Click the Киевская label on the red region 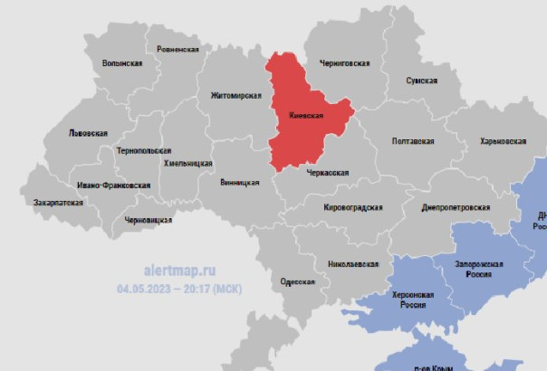point(306,116)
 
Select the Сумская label point(422,81)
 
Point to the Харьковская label point(503,141)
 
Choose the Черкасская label point(328,171)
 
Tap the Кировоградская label point(353,207)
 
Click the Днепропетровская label point(456,206)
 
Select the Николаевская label point(352,263)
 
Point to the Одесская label point(298,281)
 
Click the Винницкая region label point(239,182)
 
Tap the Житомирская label point(235,95)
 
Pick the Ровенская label point(178,49)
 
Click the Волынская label point(122,63)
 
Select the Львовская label point(88,132)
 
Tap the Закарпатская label point(58,203)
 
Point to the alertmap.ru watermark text point(180,270)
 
